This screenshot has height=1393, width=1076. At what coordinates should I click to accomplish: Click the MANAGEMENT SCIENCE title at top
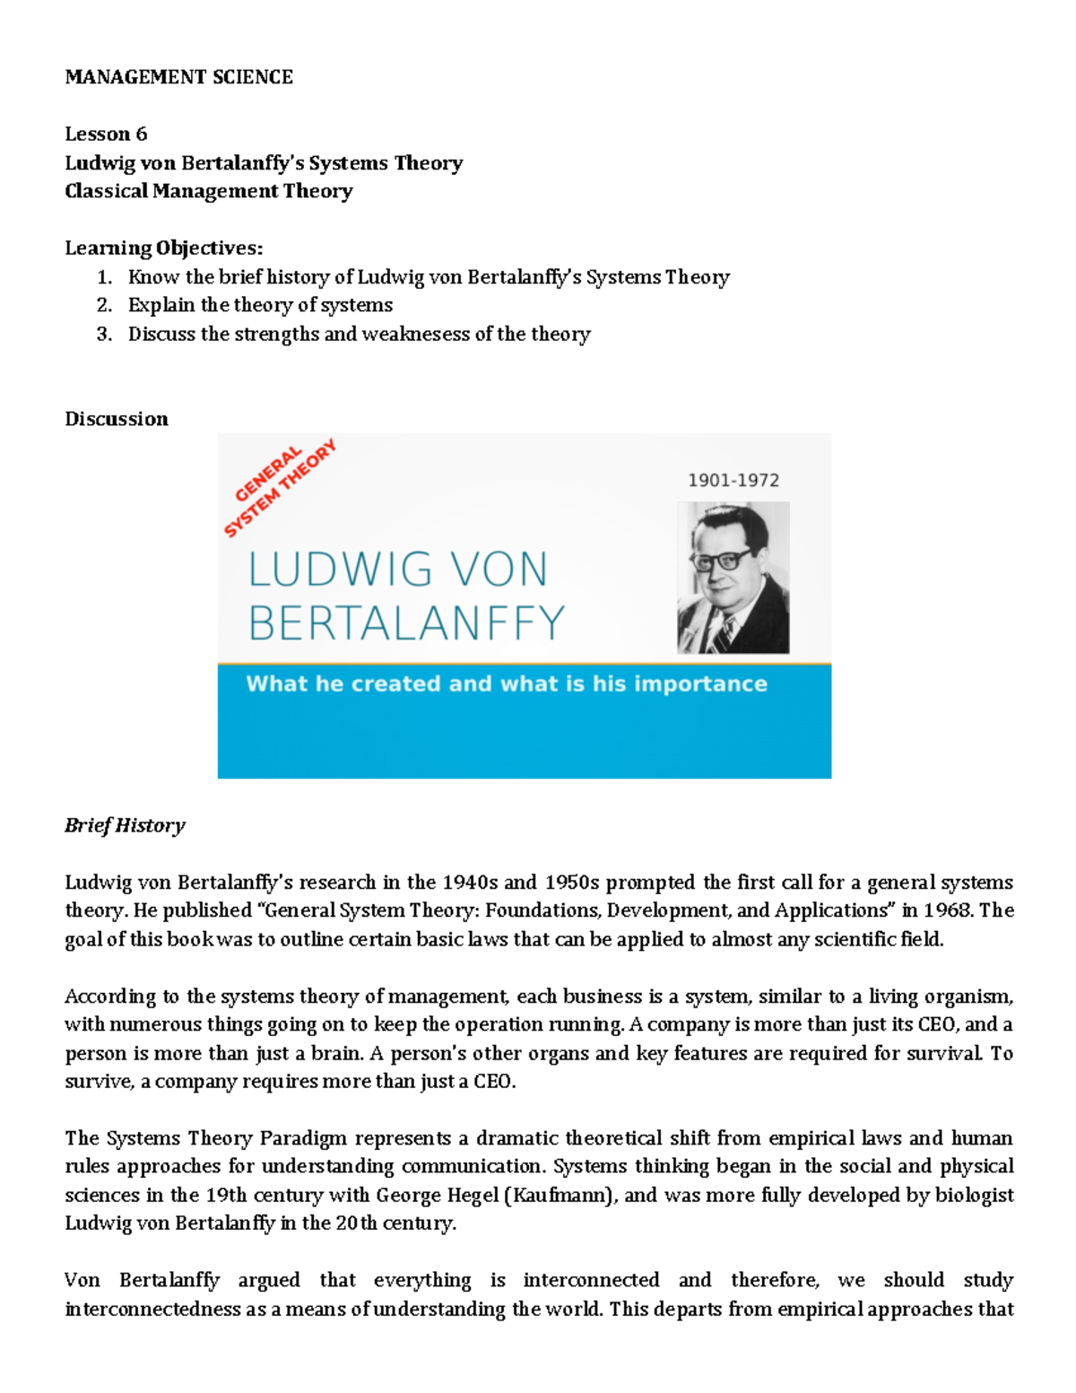point(178,77)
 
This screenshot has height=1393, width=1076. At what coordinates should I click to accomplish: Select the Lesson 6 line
point(106,135)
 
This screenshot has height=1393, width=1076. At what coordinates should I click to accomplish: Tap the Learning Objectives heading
point(163,248)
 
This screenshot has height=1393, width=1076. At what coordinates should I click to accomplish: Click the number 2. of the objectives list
point(105,305)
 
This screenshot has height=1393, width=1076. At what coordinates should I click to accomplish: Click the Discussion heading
point(117,419)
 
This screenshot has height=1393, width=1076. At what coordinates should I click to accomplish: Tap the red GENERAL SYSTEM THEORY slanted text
point(280,488)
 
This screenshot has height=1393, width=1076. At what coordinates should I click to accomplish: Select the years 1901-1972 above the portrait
point(733,480)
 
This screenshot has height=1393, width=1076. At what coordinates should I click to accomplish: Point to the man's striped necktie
point(723,633)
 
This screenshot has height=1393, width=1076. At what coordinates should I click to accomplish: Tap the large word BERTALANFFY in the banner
point(406,622)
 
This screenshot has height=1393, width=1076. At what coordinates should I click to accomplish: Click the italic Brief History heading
point(125,825)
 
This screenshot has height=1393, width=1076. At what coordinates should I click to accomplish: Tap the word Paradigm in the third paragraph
point(303,1138)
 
